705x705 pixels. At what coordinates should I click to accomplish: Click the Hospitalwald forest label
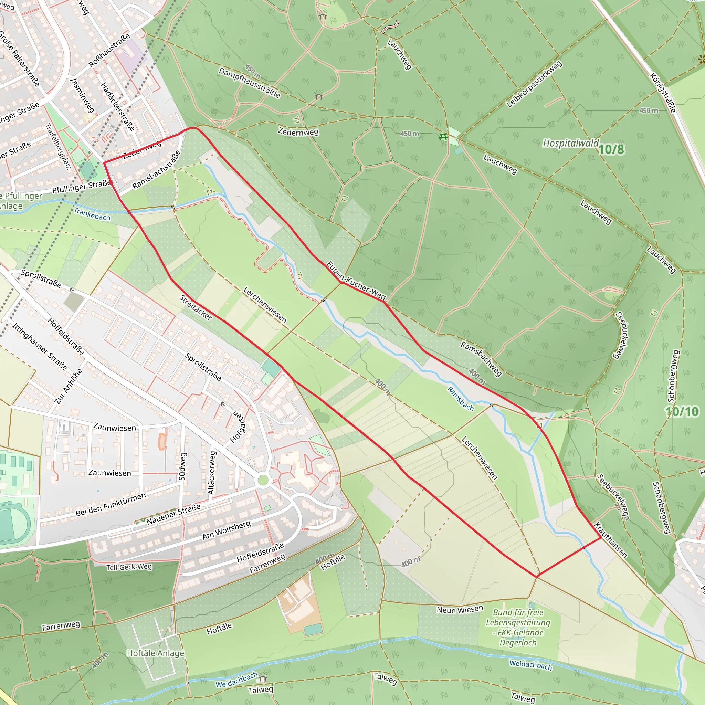570,143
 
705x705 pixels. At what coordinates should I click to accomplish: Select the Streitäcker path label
196,308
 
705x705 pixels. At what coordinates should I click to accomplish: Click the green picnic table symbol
443,137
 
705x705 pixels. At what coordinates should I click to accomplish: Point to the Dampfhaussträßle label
249,83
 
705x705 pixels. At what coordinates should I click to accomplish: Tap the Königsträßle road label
663,93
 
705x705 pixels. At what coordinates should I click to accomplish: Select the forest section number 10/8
611,149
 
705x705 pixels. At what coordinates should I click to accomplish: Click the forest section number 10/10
682,412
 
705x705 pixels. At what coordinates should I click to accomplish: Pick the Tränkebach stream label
92,214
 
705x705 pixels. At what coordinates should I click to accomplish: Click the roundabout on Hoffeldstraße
263,480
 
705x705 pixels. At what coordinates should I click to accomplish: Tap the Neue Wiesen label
460,609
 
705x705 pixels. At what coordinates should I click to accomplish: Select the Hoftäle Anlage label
156,653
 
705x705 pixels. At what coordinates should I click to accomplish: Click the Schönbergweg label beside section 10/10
673,376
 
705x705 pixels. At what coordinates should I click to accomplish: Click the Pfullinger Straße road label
81,187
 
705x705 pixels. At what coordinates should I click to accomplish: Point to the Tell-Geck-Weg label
129,567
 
